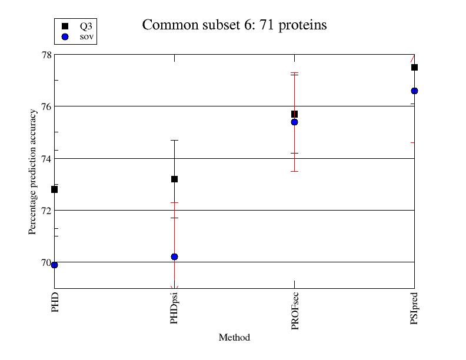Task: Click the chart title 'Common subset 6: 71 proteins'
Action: (x=234, y=25)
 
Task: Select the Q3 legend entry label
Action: (x=85, y=26)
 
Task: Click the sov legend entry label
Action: (x=86, y=36)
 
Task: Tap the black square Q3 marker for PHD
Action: (x=54, y=189)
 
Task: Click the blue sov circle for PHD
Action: (x=54, y=265)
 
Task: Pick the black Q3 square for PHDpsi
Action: (x=174, y=179)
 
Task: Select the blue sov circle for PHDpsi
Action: (x=174, y=256)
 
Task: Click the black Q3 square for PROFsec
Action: (x=294, y=114)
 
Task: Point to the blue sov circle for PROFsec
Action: (x=294, y=122)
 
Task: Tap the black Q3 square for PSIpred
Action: (x=414, y=67)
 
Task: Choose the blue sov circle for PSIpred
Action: (x=414, y=91)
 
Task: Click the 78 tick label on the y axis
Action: (x=45, y=55)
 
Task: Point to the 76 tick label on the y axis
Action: (x=45, y=106)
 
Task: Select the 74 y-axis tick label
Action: (x=45, y=158)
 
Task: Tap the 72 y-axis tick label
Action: (x=45, y=210)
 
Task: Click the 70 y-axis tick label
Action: (x=45, y=262)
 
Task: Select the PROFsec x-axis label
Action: (x=295, y=311)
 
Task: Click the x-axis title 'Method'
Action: (x=234, y=338)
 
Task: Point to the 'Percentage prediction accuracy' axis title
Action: (x=33, y=171)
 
